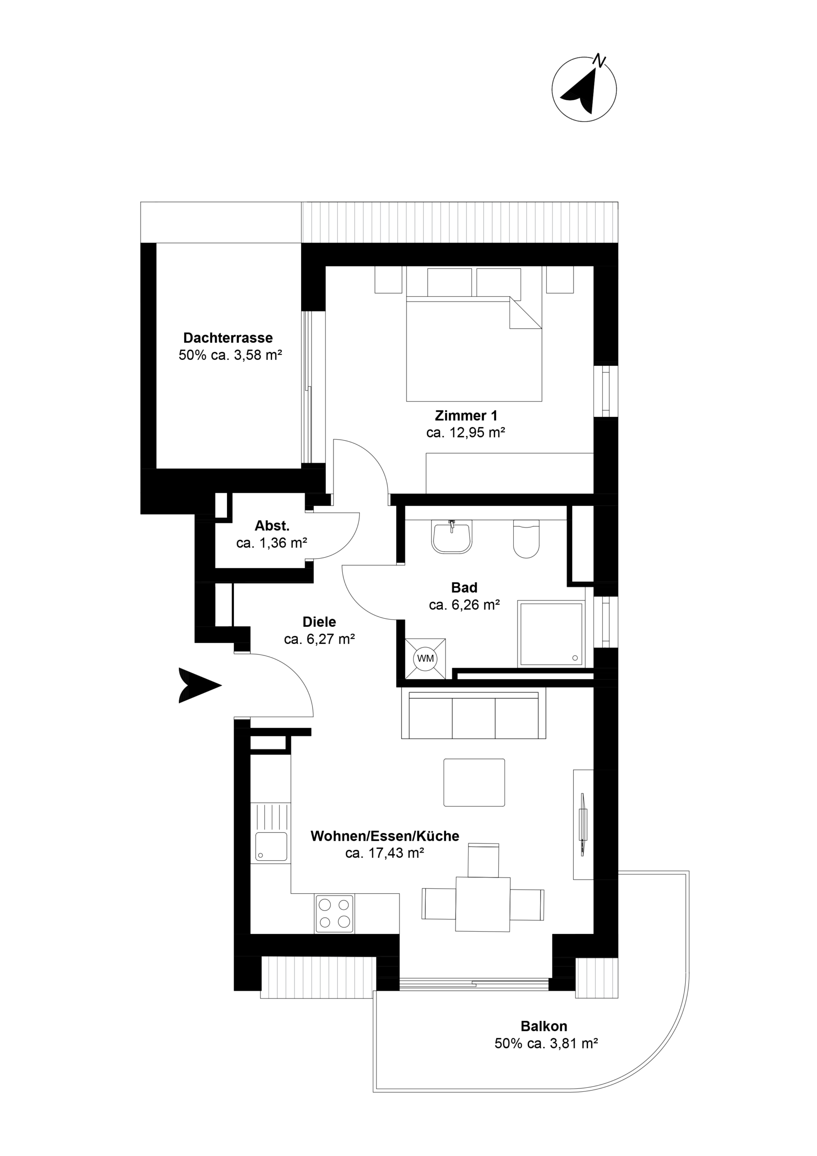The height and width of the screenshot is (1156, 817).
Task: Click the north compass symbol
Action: pyautogui.click(x=584, y=89)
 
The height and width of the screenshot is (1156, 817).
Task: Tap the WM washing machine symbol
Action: pyautogui.click(x=425, y=659)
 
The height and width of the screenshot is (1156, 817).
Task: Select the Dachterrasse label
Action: pyautogui.click(x=228, y=338)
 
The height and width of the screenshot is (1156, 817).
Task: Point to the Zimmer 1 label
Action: pyautogui.click(x=466, y=416)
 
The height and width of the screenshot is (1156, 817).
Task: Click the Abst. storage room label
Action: pyautogui.click(x=272, y=526)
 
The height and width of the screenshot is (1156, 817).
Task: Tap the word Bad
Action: pyautogui.click(x=464, y=587)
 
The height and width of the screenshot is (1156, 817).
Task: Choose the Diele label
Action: pyautogui.click(x=319, y=622)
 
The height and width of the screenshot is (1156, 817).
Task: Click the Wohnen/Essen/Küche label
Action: pyautogui.click(x=385, y=836)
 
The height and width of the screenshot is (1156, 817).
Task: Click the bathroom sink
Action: pyautogui.click(x=451, y=537)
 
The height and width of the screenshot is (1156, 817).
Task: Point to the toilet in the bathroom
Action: pyautogui.click(x=526, y=539)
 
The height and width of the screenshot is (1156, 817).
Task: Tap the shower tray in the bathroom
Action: pyautogui.click(x=551, y=634)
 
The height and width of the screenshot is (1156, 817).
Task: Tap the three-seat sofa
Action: pyautogui.click(x=473, y=713)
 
